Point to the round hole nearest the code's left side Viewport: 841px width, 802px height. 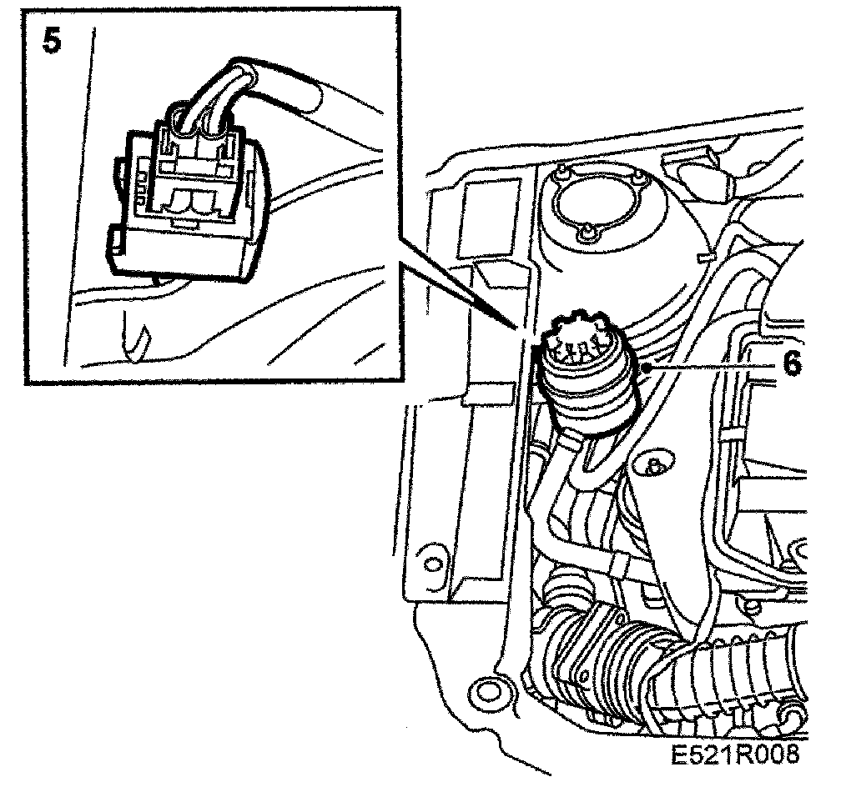pyautogui.click(x=483, y=691)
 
